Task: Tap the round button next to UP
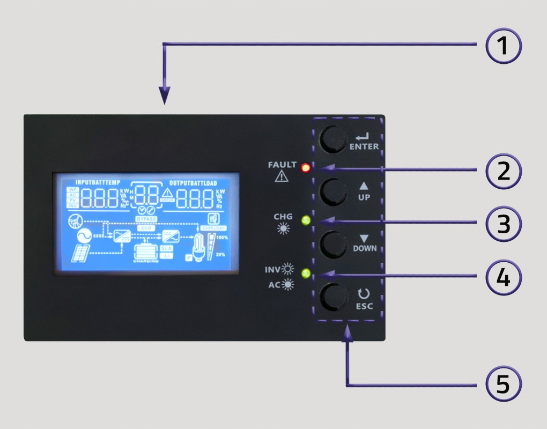point(334,192)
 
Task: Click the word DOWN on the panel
point(365,248)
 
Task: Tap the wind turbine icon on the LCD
point(76,220)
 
